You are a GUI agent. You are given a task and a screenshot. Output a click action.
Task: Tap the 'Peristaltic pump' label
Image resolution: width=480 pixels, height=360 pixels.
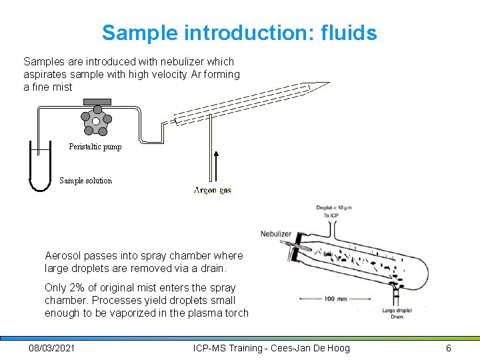click(x=95, y=147)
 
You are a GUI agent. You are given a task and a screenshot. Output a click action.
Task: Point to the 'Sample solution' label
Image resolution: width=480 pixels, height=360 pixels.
click(x=85, y=181)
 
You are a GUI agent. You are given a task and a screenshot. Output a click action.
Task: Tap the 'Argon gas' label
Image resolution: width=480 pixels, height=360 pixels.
click(x=213, y=191)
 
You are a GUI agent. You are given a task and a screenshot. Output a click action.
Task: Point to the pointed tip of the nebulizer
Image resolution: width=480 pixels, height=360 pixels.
click(x=327, y=84)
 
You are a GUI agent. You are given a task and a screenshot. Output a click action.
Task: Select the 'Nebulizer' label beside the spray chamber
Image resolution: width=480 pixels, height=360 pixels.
click(x=275, y=233)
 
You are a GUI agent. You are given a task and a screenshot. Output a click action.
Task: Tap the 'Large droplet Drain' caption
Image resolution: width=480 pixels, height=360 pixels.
click(x=397, y=313)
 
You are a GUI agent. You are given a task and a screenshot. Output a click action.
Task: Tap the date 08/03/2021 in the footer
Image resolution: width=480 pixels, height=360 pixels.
click(x=52, y=348)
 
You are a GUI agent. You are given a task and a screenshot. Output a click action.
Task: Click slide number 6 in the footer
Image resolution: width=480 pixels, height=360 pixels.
click(x=449, y=348)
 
